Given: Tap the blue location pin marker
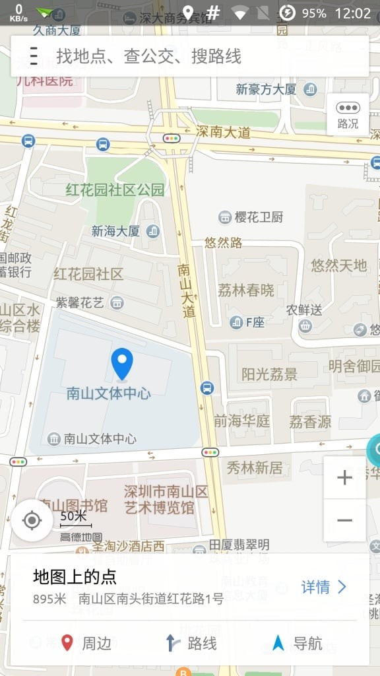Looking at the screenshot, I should tap(122, 363).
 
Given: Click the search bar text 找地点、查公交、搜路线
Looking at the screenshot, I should tap(148, 57).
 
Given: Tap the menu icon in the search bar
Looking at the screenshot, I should tap(34, 57).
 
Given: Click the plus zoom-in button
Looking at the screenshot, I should tap(344, 478).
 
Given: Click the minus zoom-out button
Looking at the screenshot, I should tap(344, 520).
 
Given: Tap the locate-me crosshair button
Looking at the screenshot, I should tap(32, 520).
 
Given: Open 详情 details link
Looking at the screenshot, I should tap(324, 587).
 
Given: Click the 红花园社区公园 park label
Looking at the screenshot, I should tap(115, 190).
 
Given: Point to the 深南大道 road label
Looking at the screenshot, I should tap(224, 132).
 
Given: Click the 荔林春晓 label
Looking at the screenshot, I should tap(245, 290).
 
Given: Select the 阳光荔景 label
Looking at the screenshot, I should tap(269, 374).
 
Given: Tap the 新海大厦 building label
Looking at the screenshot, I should tap(115, 231).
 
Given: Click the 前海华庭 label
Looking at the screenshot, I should tap(241, 421).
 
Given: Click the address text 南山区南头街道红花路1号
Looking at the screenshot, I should tap(151, 599).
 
